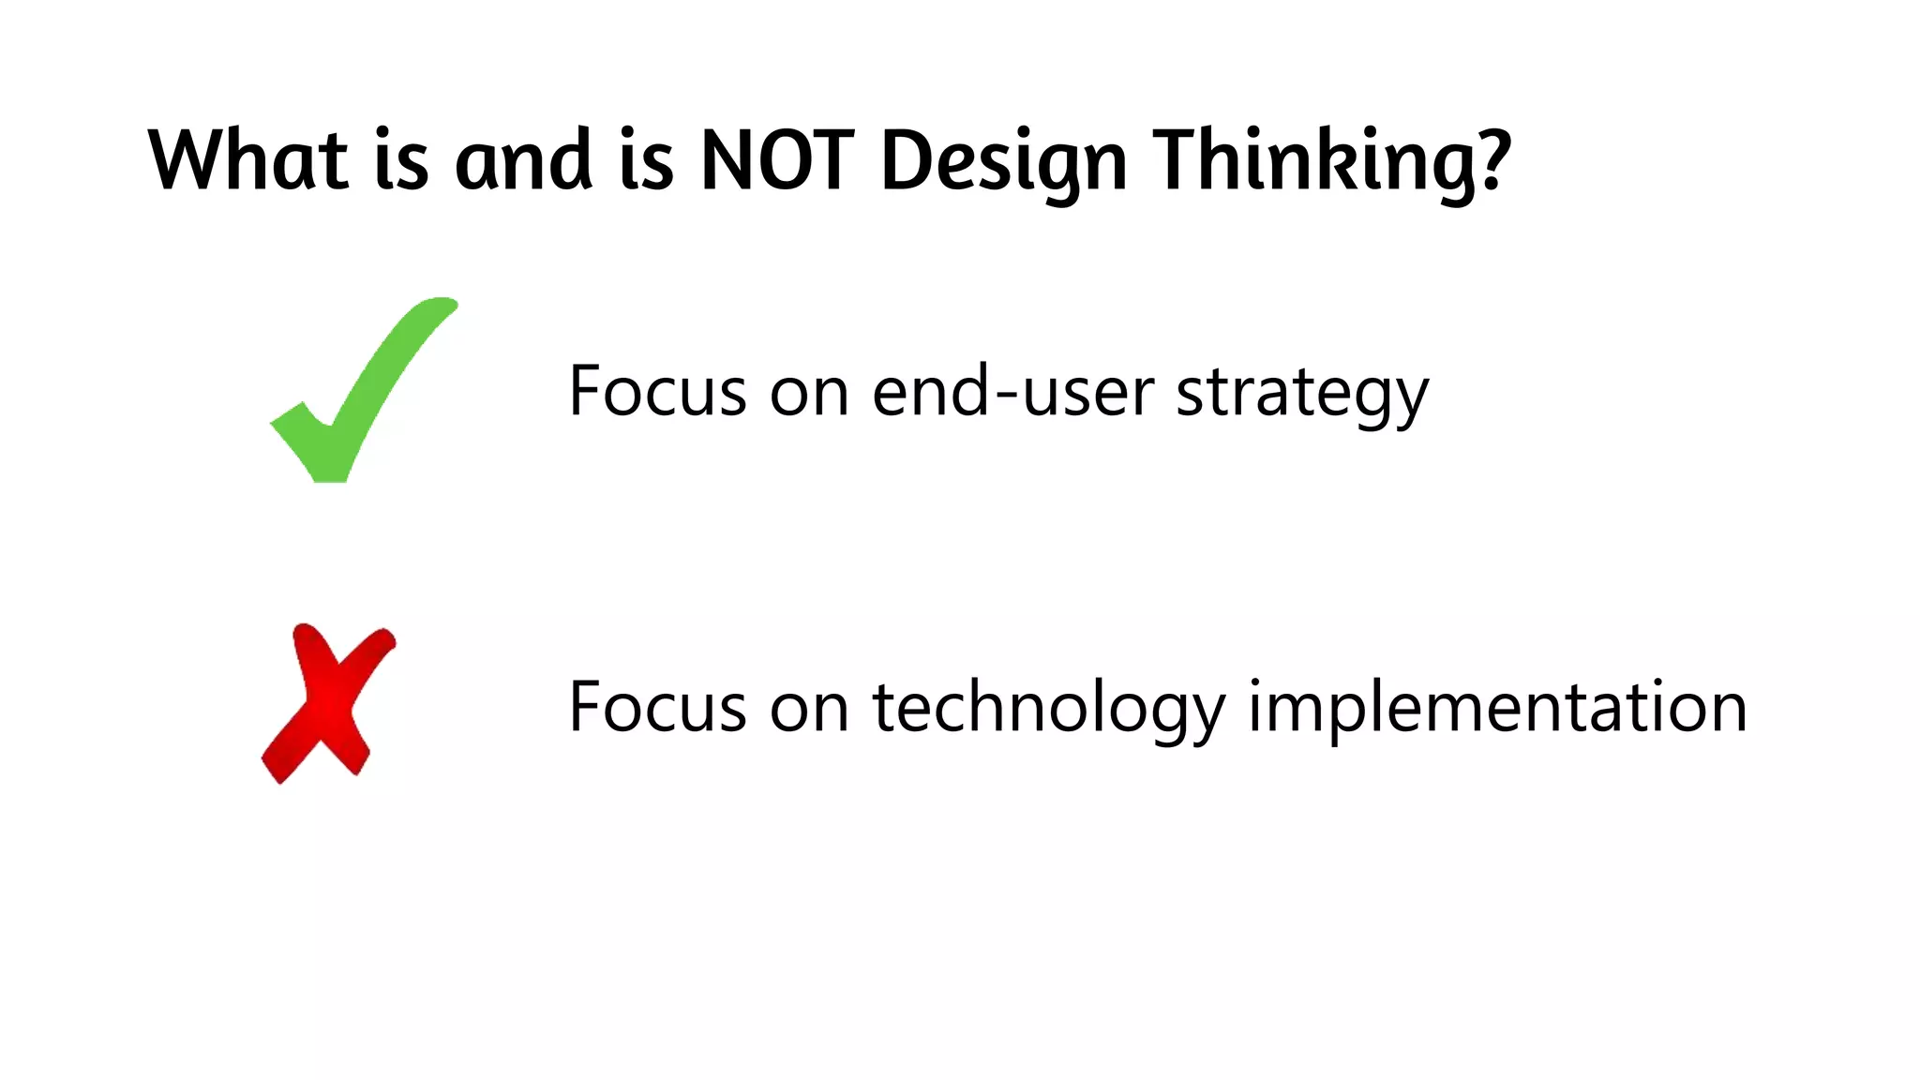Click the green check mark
(361, 394)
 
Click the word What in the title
(248, 160)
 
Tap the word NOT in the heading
(777, 160)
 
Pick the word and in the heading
(523, 160)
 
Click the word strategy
(1302, 394)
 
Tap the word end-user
(1012, 391)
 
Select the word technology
(1048, 709)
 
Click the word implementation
(1497, 709)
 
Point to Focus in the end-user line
(657, 391)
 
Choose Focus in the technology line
(657, 707)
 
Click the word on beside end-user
(809, 394)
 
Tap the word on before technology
(809, 710)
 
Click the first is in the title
(401, 160)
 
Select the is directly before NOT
(646, 160)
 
